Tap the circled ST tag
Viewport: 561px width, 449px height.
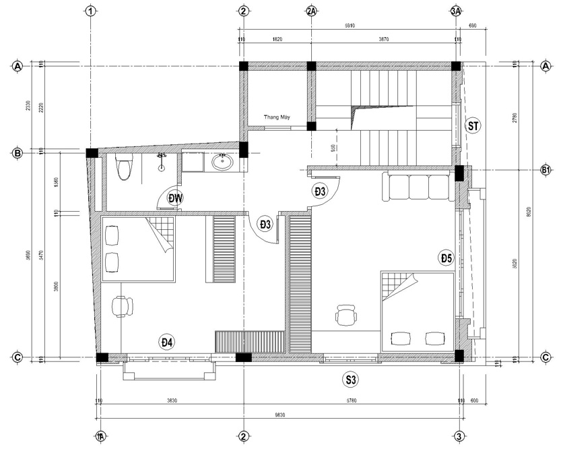[x=473, y=126]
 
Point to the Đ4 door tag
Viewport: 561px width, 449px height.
[x=167, y=342]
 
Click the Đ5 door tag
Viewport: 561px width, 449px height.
[x=447, y=258]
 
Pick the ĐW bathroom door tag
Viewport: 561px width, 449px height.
[x=176, y=198]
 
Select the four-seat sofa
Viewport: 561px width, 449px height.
[x=414, y=187]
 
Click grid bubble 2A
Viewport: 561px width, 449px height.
[x=311, y=11]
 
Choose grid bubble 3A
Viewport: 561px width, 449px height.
[x=456, y=11]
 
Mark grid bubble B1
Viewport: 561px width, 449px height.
[x=546, y=171]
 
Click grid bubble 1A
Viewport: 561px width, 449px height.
[x=100, y=436]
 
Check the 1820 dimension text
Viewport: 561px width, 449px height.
[x=277, y=40]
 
